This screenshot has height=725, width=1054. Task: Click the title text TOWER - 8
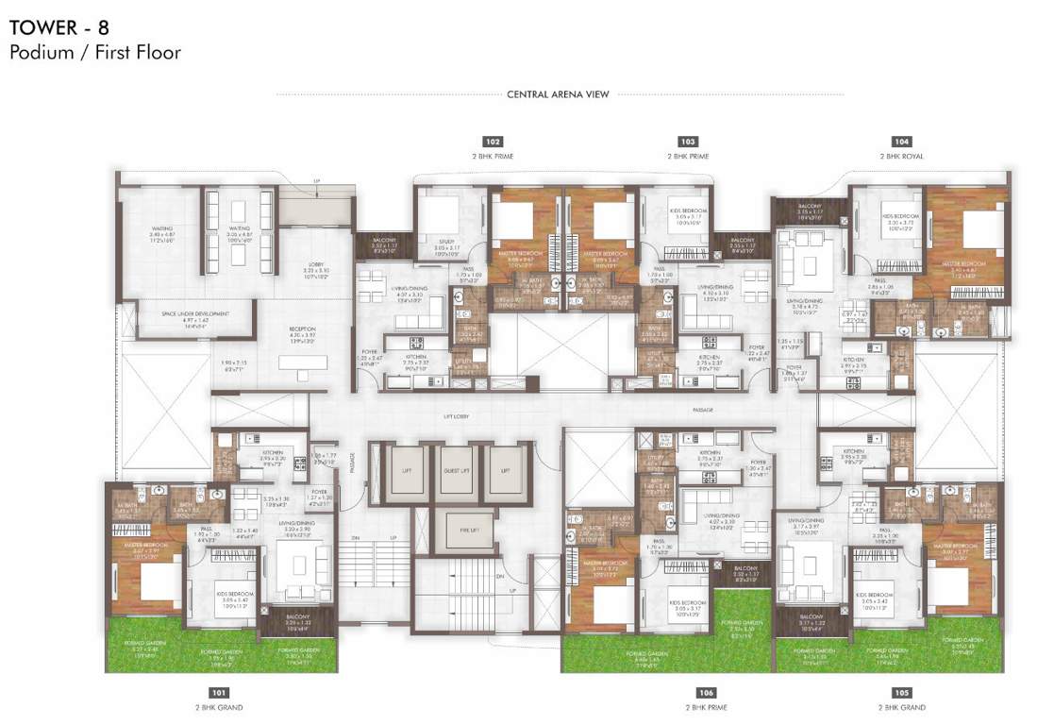(x=58, y=27)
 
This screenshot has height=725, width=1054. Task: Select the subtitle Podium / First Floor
(x=94, y=53)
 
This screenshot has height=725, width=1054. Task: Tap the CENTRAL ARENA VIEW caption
(x=558, y=94)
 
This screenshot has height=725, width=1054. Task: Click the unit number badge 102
(x=491, y=141)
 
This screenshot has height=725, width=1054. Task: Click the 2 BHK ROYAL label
(x=902, y=156)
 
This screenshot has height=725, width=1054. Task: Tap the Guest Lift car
(x=456, y=472)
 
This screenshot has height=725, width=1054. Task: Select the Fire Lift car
(x=456, y=530)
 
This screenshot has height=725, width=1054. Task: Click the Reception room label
(x=302, y=333)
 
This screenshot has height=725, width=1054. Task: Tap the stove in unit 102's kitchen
(x=417, y=343)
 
